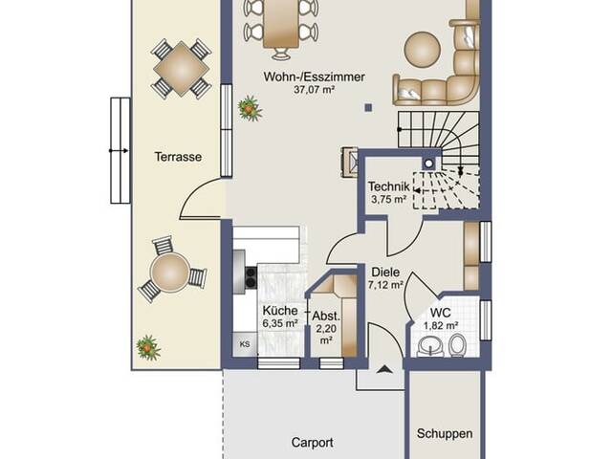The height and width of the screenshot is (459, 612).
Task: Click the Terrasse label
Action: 178,157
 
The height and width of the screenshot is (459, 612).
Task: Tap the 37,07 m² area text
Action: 315,90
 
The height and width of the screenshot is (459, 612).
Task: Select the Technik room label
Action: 389,186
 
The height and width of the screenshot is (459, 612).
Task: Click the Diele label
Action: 385,272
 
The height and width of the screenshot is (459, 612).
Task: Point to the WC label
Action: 441,313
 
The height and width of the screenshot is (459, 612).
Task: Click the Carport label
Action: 313,443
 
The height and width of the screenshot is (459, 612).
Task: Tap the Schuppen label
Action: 445,433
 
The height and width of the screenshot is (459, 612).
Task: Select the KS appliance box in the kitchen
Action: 245,344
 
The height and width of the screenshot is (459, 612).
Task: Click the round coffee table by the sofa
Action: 423,49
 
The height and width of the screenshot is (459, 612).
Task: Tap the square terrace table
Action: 181,69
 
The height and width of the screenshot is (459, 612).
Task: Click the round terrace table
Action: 170,272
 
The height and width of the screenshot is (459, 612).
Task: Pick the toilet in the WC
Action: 457,346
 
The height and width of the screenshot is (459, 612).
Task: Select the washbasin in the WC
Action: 431,346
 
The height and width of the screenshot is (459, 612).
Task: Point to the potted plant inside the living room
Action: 250,108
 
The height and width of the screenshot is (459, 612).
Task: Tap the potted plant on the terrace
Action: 148,347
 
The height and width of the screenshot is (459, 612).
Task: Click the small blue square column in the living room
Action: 368,108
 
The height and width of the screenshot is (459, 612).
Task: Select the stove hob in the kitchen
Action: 251,276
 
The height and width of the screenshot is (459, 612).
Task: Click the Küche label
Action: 280,311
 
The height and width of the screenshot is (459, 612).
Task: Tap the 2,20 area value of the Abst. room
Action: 326,329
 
